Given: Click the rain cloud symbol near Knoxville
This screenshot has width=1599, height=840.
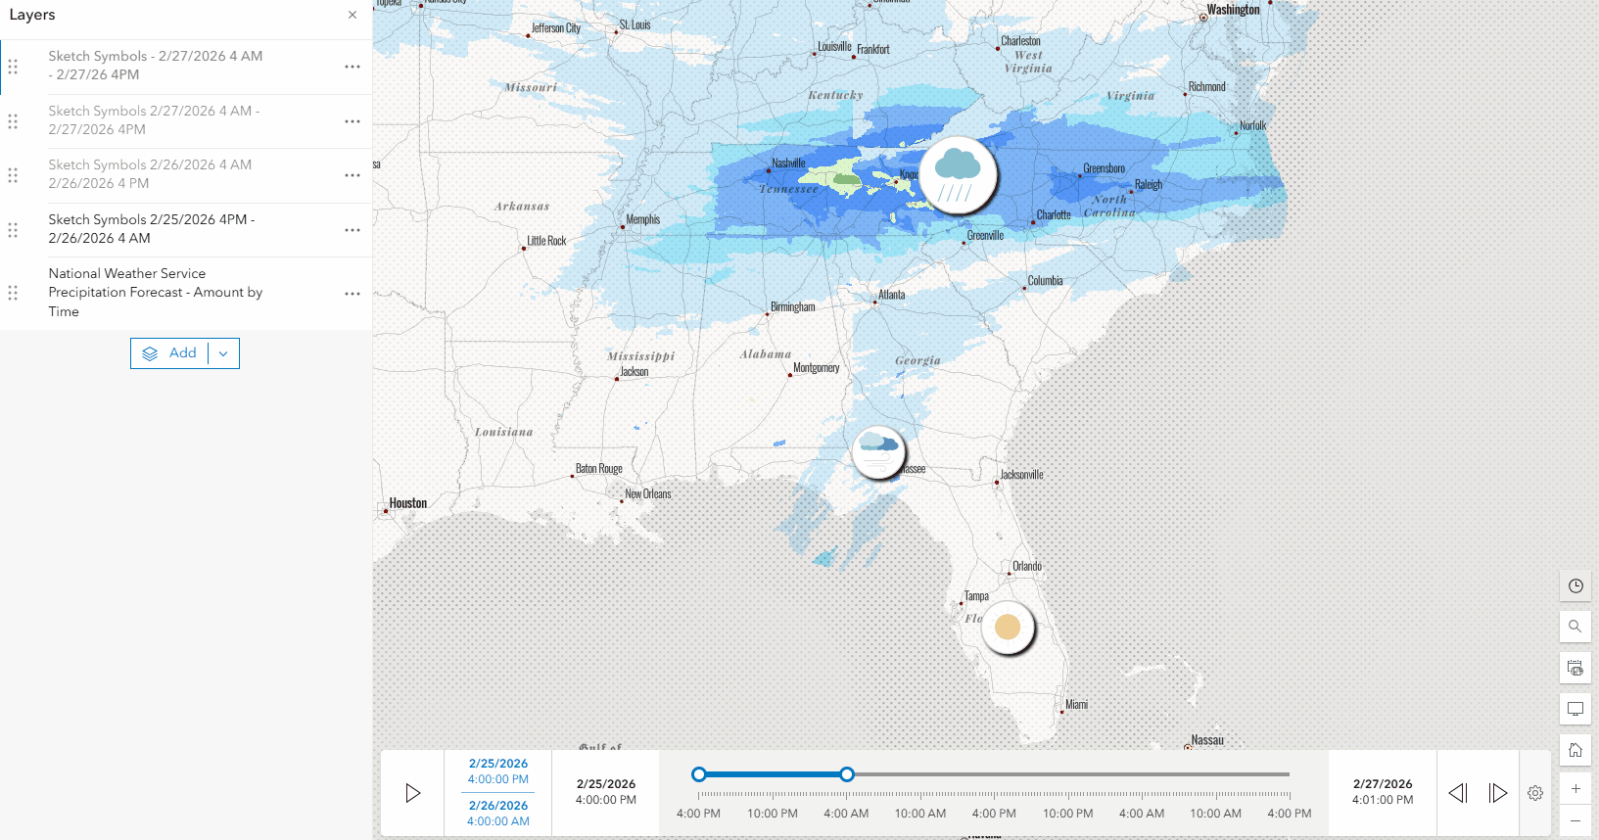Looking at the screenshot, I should click(958, 174).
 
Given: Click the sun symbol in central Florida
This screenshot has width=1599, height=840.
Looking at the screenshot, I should click(1008, 627).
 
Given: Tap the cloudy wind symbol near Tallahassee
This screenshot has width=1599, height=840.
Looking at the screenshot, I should click(878, 452).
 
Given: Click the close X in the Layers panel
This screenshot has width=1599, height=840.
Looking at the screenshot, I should click(353, 15).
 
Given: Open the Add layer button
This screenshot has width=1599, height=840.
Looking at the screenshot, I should click(170, 353).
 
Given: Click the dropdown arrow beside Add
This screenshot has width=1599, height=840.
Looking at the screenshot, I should click(223, 353).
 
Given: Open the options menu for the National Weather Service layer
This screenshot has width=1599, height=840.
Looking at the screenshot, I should click(353, 294).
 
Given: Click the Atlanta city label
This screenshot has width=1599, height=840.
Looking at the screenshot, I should click(891, 295).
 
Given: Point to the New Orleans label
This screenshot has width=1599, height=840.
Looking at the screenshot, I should click(648, 494).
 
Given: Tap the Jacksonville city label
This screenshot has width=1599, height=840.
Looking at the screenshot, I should click(1021, 475).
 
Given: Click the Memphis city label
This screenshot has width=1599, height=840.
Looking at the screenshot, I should click(643, 220).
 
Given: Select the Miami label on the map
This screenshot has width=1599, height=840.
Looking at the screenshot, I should click(1076, 705).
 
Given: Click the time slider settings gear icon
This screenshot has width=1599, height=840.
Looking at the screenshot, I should click(1535, 793).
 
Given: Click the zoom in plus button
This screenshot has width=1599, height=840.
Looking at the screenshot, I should click(1575, 789).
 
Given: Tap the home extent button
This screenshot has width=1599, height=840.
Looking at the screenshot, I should click(1575, 750).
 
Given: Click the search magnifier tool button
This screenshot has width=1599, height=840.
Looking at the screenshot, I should click(1575, 627).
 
